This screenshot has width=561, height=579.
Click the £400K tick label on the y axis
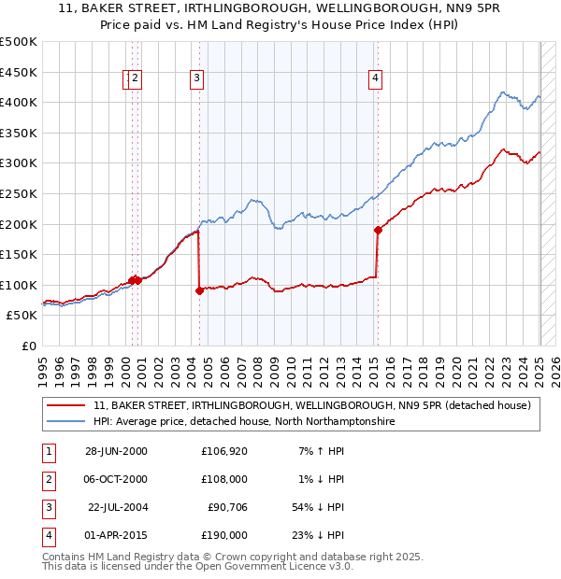[x=19, y=102]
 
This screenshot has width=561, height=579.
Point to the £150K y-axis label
[x=19, y=254]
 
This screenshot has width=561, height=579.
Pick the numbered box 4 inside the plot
[x=375, y=79]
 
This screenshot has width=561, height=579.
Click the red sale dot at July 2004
[x=199, y=290]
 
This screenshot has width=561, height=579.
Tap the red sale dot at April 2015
[x=378, y=230]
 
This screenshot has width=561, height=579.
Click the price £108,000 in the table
[x=224, y=479]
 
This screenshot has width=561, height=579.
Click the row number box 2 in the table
[x=46, y=479]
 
